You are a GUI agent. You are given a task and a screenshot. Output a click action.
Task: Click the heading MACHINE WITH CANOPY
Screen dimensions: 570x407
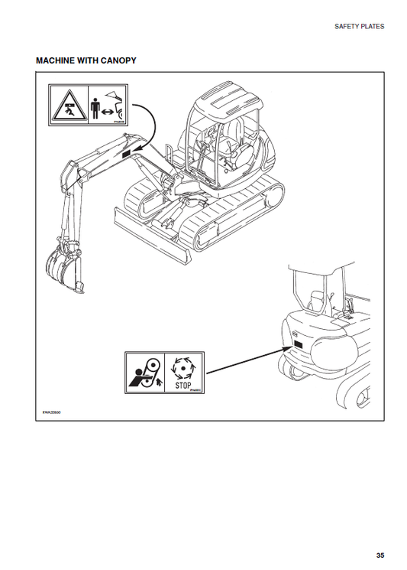[x=86, y=60]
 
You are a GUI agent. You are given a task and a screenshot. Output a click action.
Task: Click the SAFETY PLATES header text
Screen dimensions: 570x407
[x=360, y=26]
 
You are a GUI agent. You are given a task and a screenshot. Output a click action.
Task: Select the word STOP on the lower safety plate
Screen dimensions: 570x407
[x=183, y=384]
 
